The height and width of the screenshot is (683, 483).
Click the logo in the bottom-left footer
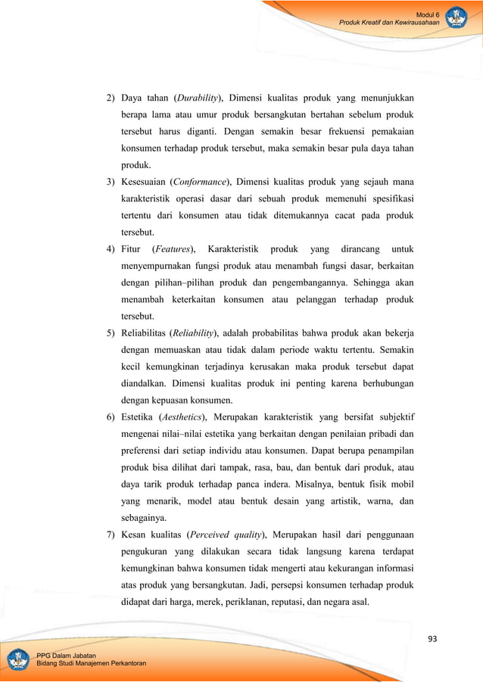pyautogui.click(x=18, y=659)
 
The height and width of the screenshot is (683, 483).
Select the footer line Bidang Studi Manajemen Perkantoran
pyautogui.click(x=92, y=664)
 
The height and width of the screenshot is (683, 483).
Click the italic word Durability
pyautogui.click(x=197, y=98)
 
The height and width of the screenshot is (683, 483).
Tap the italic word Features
pyautogui.click(x=173, y=248)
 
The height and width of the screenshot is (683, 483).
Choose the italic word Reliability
pyautogui.click(x=192, y=332)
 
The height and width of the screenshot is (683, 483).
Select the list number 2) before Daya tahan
pyautogui.click(x=111, y=98)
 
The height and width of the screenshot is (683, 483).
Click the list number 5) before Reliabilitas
pyautogui.click(x=111, y=332)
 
